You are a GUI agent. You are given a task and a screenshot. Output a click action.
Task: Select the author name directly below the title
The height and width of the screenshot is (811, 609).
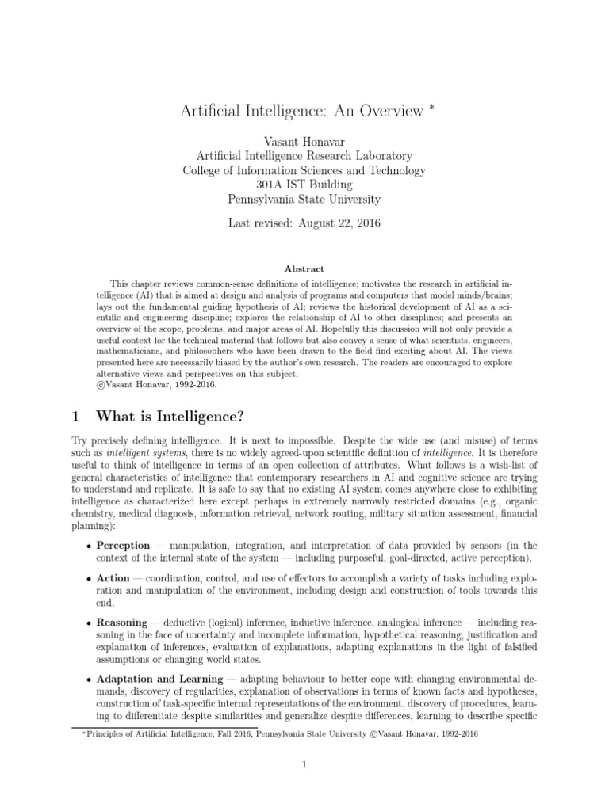coord(304,139)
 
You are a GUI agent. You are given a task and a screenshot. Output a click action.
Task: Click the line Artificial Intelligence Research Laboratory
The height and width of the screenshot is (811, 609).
coord(304,155)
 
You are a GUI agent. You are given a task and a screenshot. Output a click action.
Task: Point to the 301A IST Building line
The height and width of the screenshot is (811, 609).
coord(304,185)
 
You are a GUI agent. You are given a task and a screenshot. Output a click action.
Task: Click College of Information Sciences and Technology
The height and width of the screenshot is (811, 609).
coord(304,170)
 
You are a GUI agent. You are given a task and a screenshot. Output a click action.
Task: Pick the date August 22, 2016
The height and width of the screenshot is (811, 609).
coord(340,223)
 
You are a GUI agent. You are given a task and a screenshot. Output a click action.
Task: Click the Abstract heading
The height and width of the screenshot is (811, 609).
coord(304,269)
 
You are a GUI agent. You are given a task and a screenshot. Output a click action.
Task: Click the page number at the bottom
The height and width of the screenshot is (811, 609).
coord(304,764)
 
